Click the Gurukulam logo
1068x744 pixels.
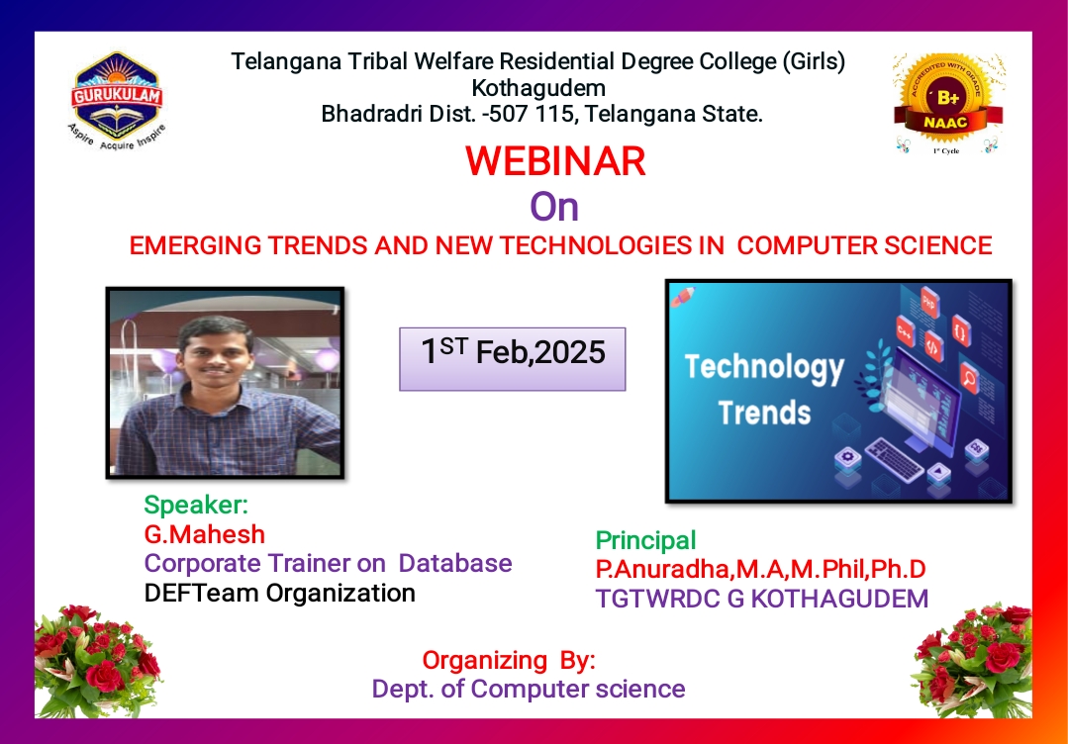(117, 101)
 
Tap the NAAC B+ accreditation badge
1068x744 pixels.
(948, 104)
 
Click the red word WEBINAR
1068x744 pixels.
(555, 161)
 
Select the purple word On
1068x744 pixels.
(554, 207)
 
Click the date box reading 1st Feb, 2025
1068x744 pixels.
(512, 359)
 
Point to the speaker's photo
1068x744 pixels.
(225, 383)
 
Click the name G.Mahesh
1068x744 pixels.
(204, 534)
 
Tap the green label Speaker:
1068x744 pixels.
(196, 506)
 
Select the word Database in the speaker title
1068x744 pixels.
(455, 564)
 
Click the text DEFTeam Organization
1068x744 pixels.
(279, 593)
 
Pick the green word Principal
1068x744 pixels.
(645, 540)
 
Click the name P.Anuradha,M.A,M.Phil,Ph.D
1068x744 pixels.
(761, 569)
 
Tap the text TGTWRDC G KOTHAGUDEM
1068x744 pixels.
(761, 599)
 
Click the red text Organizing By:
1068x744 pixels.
(509, 660)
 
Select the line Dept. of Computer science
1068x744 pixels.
(529, 689)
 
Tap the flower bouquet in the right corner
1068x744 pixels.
(974, 660)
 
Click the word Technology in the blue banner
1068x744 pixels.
(764, 368)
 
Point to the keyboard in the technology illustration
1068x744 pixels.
(895, 459)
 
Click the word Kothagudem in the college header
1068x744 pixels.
(538, 88)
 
